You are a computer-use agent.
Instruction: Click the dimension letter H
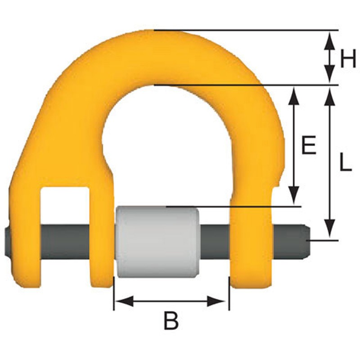(348, 58)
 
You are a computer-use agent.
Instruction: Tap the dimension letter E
(309, 144)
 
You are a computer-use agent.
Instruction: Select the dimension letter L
(346, 162)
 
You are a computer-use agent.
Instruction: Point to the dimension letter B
(171, 321)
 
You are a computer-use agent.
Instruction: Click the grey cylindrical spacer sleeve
(158, 242)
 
